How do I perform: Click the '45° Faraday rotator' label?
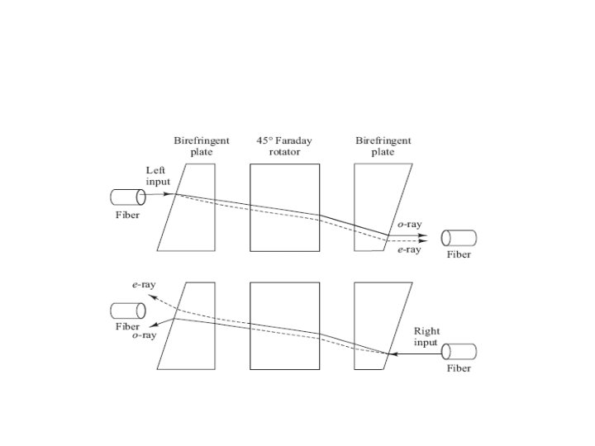click(284, 146)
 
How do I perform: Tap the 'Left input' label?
click(157, 175)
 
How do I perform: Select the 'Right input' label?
click(426, 336)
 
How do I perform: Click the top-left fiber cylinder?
click(127, 197)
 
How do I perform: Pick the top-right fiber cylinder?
click(459, 238)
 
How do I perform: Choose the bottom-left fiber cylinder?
click(127, 311)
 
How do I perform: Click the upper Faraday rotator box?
click(284, 207)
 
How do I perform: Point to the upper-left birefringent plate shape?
click(189, 207)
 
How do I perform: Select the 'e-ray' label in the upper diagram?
click(409, 249)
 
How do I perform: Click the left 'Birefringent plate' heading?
click(202, 146)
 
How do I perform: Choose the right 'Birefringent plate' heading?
click(383, 146)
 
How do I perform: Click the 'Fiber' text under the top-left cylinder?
click(127, 215)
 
